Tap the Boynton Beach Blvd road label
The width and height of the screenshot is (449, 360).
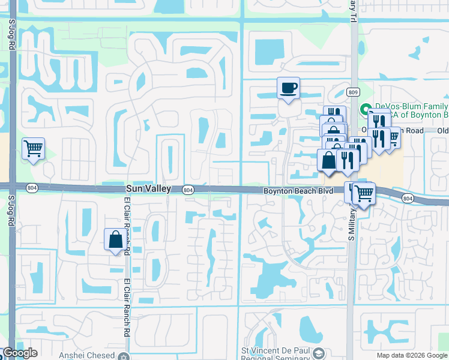tap(298, 191)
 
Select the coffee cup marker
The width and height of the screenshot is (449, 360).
tap(288, 89)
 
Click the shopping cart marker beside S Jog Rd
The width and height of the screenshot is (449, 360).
tap(33, 149)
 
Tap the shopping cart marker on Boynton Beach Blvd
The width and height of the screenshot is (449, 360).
tap(363, 193)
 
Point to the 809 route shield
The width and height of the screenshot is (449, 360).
tap(353, 91)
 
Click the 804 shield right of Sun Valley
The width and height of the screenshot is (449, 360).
tap(188, 190)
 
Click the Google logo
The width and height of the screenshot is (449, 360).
tap(20, 353)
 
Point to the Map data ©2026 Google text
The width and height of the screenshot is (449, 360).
tap(411, 355)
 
